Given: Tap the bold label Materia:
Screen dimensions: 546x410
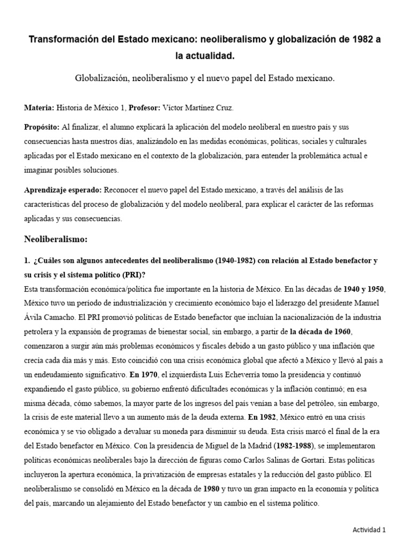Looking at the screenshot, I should click(x=39, y=108).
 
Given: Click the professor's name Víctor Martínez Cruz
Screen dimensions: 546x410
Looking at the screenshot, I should click(x=196, y=108).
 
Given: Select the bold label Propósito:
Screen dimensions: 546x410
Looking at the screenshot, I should click(x=42, y=127).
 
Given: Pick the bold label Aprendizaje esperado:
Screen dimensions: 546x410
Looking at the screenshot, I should click(x=63, y=190).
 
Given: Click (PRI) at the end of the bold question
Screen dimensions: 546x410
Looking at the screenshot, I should click(x=132, y=275).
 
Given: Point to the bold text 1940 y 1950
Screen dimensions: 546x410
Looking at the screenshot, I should click(x=364, y=289).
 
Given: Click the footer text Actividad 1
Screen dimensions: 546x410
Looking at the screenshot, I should click(x=369, y=529).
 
